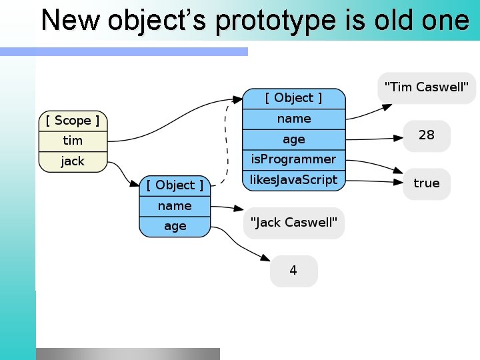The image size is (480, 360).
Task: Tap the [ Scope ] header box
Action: (73, 121)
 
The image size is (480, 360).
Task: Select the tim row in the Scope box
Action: (73, 141)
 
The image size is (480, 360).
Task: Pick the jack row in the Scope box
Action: (73, 161)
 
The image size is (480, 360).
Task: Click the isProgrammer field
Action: (294, 159)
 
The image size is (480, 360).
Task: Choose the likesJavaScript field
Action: (294, 180)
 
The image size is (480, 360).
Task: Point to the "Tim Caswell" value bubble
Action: (427, 87)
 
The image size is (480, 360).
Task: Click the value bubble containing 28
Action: (427, 135)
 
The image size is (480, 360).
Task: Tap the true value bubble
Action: (427, 183)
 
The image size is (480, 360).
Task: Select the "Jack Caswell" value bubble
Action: (294, 223)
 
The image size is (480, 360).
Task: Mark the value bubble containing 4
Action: (293, 271)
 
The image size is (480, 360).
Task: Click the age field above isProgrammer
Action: (294, 139)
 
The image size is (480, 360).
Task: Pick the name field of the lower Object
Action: (175, 206)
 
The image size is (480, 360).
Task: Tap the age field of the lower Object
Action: (175, 226)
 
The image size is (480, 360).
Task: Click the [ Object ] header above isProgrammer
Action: (294, 98)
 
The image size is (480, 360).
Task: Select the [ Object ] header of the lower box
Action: (175, 185)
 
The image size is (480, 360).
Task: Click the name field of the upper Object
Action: (294, 119)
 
